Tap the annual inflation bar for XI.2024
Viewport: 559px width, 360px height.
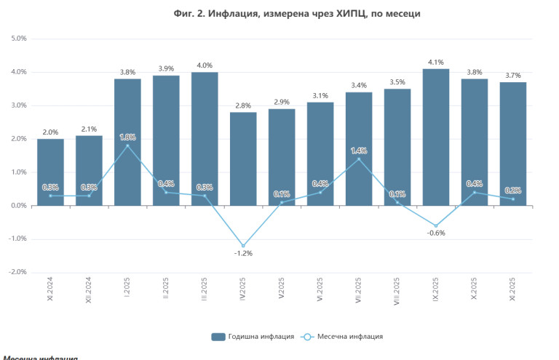[50, 172]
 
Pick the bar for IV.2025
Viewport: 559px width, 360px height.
[243, 159]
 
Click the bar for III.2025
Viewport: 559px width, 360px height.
[205, 138]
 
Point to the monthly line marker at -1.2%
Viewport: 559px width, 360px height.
[243, 246]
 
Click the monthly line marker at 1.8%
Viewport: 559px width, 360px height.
[127, 145]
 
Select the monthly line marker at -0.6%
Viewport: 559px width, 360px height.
[436, 225]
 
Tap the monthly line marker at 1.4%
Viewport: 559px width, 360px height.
[359, 159]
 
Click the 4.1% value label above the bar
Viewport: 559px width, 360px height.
[436, 62]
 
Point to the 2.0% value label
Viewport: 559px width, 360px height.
[50, 132]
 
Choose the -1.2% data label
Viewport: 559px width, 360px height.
[243, 254]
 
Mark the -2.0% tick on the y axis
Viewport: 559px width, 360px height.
[17, 272]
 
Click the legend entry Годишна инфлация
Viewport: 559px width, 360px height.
[253, 336]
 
